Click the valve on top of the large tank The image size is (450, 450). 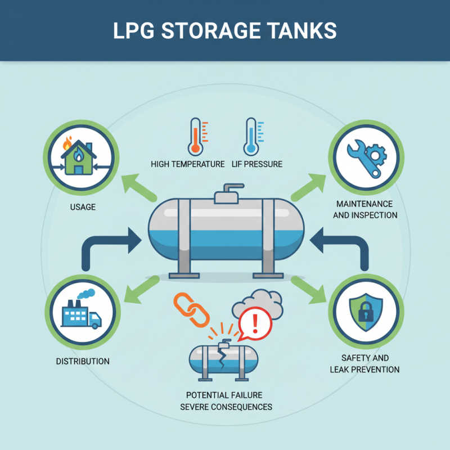click(x=227, y=193)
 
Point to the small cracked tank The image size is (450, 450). click(x=223, y=360)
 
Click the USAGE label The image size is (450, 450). click(x=83, y=207)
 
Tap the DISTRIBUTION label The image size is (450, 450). click(x=83, y=361)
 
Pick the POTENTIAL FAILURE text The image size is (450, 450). click(x=224, y=395)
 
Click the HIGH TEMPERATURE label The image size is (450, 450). click(x=188, y=164)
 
